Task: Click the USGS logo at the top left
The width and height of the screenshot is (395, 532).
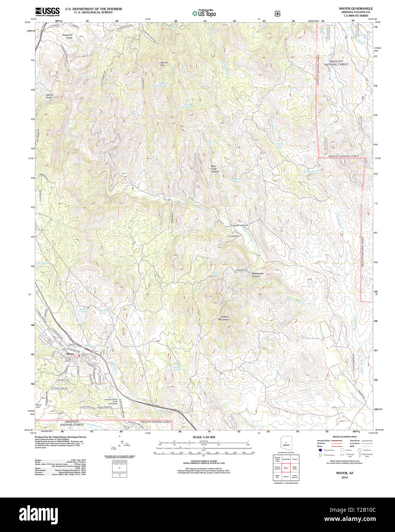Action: [x=47, y=11]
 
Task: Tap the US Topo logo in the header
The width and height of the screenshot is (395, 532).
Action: [x=204, y=14]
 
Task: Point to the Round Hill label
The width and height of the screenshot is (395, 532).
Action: [x=164, y=64]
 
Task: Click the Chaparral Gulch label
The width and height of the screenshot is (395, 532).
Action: [x=67, y=36]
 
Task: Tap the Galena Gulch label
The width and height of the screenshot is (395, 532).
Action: [x=49, y=96]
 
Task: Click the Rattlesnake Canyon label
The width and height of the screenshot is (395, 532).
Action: [x=258, y=275]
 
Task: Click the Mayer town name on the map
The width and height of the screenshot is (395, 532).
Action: [x=70, y=354]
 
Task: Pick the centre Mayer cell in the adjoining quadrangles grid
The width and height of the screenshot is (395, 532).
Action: [x=286, y=468]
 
